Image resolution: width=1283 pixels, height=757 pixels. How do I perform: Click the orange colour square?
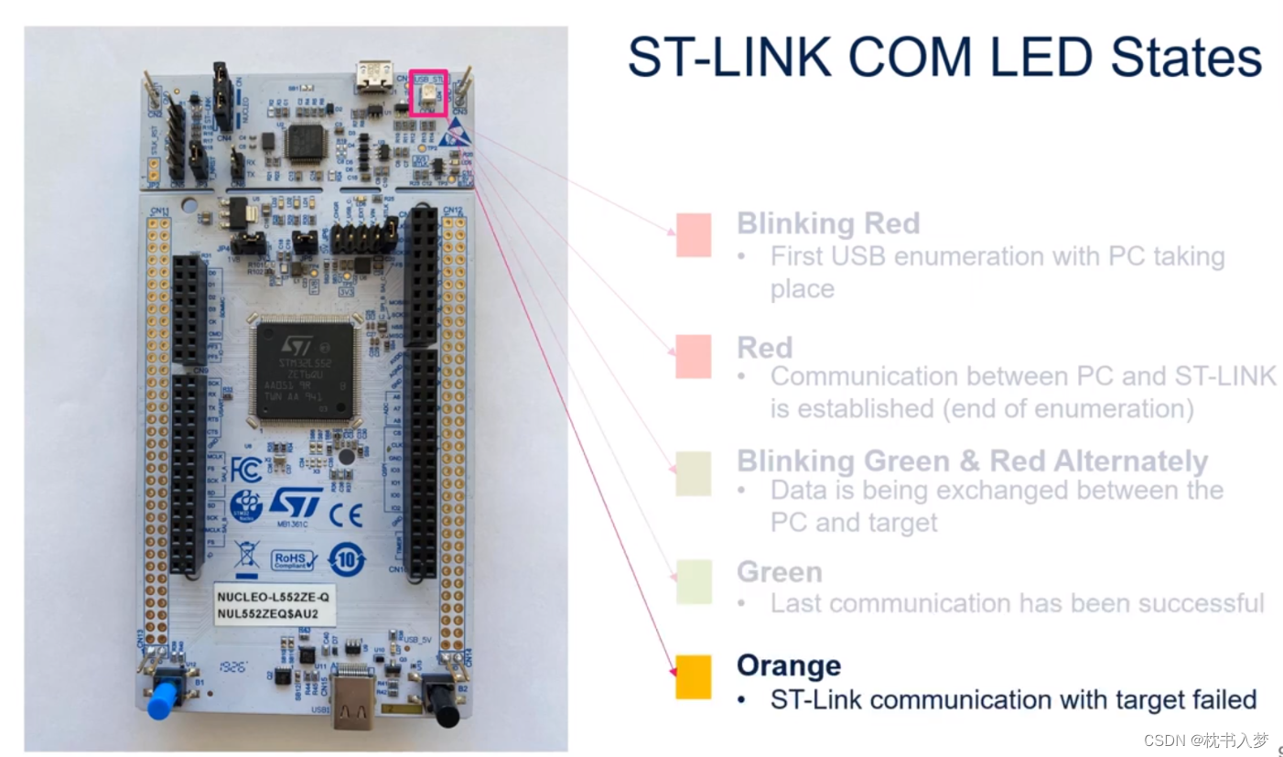point(693,676)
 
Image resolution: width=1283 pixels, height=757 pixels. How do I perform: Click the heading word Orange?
point(788,665)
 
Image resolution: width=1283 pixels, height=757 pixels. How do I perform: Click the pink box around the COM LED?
point(428,92)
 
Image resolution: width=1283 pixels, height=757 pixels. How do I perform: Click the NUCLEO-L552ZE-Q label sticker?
point(272,605)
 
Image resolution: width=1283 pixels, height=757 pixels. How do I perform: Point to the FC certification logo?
point(246,470)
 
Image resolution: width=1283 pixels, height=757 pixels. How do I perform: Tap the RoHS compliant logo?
point(294,559)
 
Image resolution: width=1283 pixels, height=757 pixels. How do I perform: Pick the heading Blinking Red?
point(828,223)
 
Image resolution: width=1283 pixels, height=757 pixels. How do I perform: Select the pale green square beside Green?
point(693,581)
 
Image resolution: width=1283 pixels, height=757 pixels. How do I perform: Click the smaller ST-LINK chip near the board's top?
point(307,143)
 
